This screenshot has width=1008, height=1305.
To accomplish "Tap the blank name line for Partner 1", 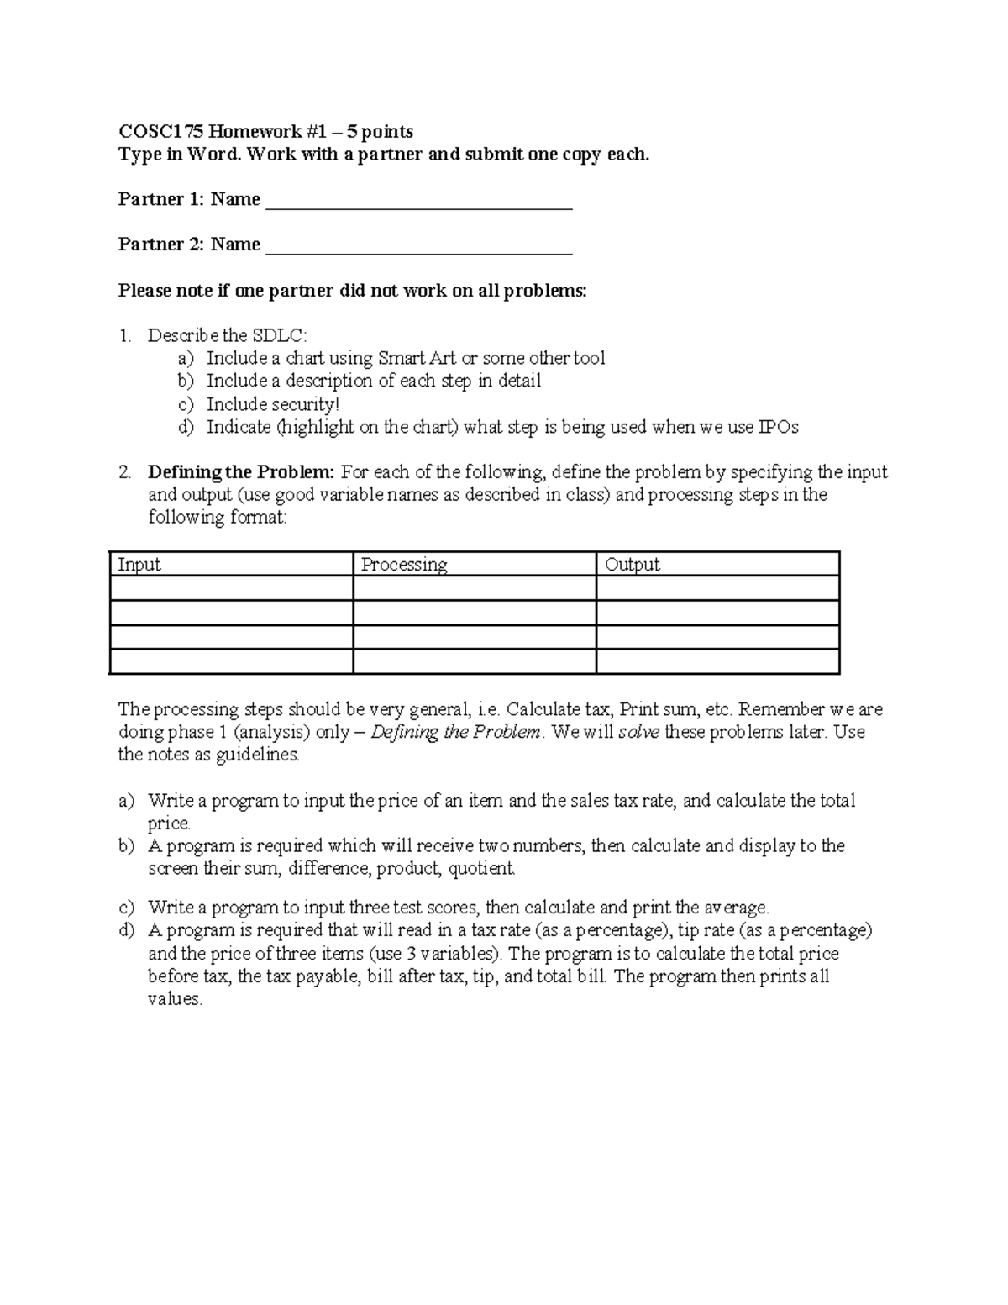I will (x=418, y=202).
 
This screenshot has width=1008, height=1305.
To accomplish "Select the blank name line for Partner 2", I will (x=418, y=246).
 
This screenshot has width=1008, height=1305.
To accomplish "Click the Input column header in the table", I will (x=139, y=565).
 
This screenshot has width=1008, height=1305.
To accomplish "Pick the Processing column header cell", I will (x=404, y=565).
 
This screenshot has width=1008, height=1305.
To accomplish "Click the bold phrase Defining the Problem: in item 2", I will (x=241, y=472).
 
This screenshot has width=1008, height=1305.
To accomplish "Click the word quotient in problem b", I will (x=480, y=869).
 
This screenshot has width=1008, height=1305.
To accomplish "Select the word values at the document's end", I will (x=174, y=999).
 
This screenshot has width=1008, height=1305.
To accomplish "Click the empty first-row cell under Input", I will (x=231, y=588).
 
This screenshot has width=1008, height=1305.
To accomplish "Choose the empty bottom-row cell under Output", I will (x=717, y=662).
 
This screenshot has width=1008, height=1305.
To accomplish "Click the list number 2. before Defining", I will (x=125, y=472).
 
